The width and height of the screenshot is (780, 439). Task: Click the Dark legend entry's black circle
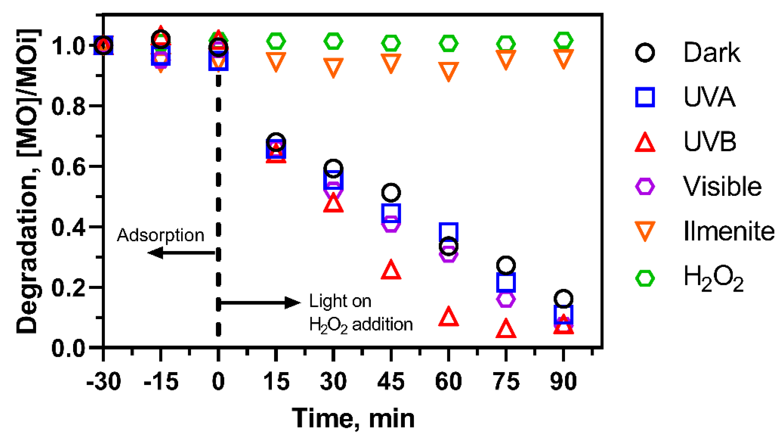tap(645, 52)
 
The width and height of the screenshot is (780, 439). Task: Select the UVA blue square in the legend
tap(645, 97)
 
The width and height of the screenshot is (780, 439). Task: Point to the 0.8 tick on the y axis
tap(68, 106)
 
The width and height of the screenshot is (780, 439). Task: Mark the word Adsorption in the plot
tap(161, 235)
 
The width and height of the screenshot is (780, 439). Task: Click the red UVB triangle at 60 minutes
tap(448, 317)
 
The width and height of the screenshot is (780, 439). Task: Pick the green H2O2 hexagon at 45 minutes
tap(391, 43)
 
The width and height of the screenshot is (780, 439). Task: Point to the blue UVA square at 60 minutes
tap(448, 232)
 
